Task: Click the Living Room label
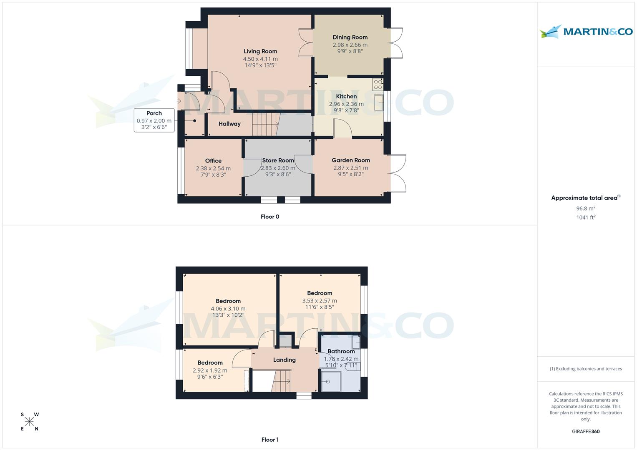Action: tap(260, 52)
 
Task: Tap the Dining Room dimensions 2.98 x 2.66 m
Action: tap(350, 45)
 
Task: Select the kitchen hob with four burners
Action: tap(378, 85)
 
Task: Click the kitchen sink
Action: tap(379, 103)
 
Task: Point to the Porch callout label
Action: tap(154, 113)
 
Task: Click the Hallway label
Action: tap(229, 124)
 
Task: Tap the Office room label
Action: tap(213, 161)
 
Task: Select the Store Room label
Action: tap(278, 160)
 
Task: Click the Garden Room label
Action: tap(350, 160)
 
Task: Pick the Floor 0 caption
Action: tap(270, 217)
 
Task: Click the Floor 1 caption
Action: tap(270, 440)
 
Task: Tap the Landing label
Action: tap(284, 360)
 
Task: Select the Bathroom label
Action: tap(341, 351)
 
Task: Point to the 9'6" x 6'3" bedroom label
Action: tap(210, 377)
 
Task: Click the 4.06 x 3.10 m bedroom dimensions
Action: tap(228, 309)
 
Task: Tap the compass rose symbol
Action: tap(29, 422)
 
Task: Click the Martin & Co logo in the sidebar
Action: tap(586, 32)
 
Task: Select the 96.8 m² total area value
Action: tap(586, 208)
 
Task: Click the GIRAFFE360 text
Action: tap(586, 432)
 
